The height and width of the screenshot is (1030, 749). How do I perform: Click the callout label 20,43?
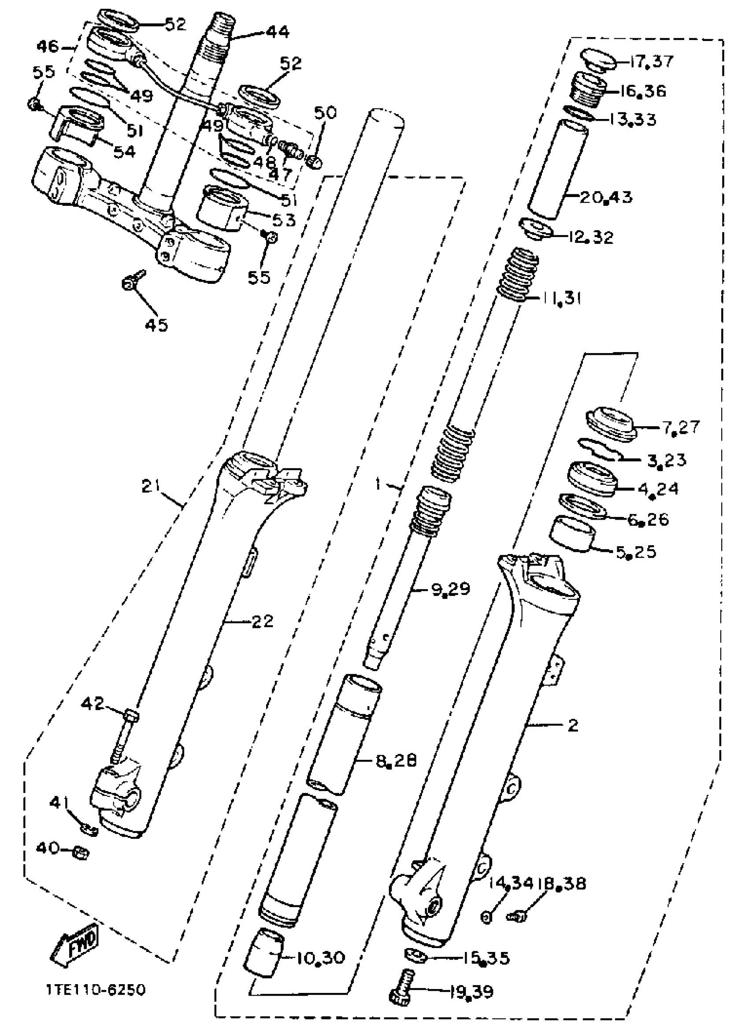606,197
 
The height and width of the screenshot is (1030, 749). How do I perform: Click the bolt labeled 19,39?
402,987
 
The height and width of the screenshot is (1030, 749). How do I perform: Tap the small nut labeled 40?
81,853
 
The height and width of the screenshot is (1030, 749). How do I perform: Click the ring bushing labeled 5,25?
573,534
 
